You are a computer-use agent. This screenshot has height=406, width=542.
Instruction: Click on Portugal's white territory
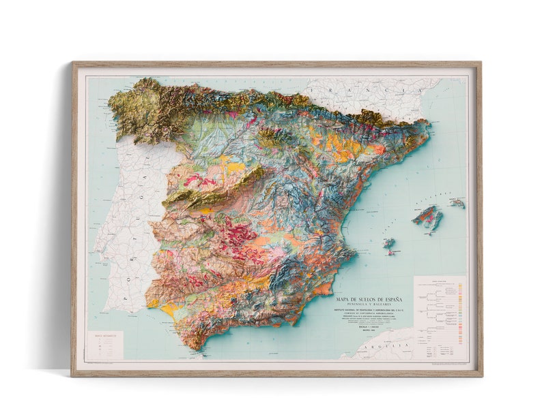[130, 225]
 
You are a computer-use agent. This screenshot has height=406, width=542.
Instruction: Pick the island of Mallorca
[427, 218]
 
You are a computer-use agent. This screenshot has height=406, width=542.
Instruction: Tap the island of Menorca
[457, 202]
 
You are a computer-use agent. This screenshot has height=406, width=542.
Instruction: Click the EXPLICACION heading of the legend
[440, 279]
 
